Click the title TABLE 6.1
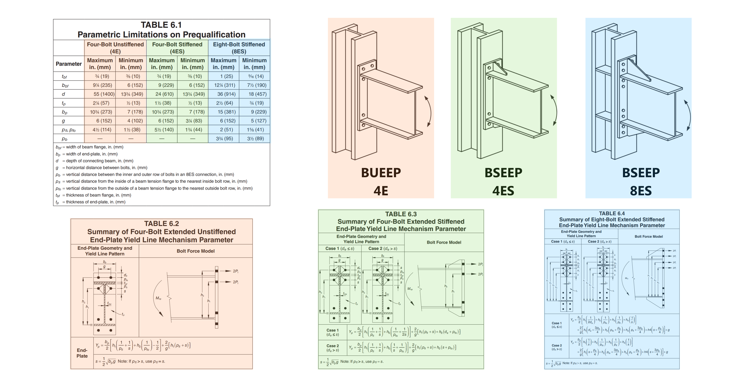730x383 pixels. tap(161, 25)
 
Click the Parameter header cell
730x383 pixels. tap(69, 64)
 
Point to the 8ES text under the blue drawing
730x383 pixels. tap(641, 191)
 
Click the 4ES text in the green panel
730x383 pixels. tap(503, 191)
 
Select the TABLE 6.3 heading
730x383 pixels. tap(401, 214)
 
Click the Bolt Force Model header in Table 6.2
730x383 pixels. tap(195, 251)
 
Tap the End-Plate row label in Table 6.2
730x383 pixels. tap(82, 353)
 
